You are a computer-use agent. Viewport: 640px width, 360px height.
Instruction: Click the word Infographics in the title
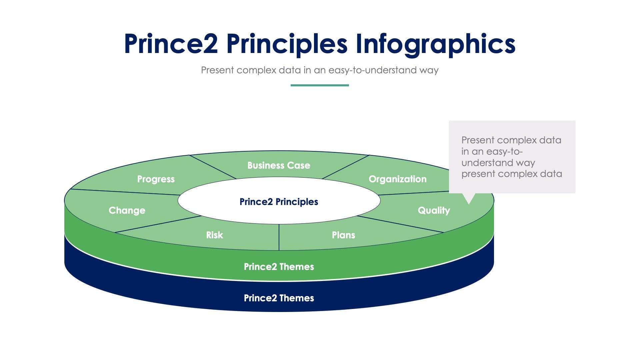[x=435, y=44]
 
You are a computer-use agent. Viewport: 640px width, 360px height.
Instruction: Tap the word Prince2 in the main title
[x=171, y=44]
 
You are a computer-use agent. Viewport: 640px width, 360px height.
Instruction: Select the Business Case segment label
[x=279, y=165]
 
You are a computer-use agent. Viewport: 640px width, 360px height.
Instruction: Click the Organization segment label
[x=397, y=179]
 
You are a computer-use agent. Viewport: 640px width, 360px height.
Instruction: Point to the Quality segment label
[x=434, y=210]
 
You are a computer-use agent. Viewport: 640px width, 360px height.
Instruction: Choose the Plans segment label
[x=343, y=235]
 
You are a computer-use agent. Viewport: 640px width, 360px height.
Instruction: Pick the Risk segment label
[x=214, y=235]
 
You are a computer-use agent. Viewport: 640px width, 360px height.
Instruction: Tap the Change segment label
[x=127, y=210]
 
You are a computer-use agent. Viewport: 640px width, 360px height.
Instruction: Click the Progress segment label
[x=156, y=179]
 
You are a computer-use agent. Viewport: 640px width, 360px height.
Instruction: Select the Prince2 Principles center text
[x=279, y=202]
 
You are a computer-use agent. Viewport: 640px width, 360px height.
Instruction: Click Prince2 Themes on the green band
[x=279, y=267]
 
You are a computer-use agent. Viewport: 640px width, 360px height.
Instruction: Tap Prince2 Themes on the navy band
[x=279, y=298]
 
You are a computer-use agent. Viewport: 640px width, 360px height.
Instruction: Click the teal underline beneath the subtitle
[x=320, y=85]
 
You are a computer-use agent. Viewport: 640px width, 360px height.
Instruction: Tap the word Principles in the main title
[x=287, y=44]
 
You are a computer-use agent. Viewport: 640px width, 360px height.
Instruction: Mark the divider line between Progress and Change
[x=125, y=192]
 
